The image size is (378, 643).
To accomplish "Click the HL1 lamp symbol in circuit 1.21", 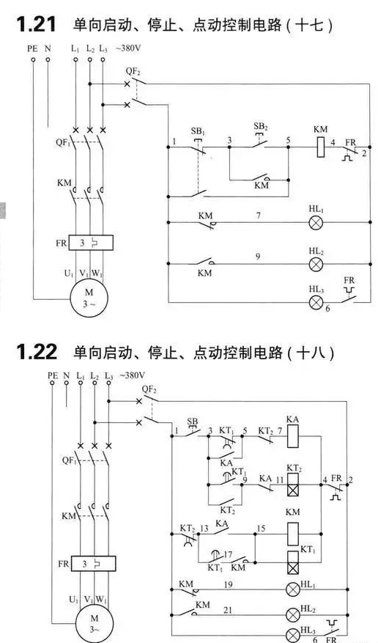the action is (316, 223).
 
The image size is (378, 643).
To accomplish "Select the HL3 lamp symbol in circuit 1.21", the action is (316, 303).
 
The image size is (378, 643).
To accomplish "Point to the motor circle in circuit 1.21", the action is (89, 298).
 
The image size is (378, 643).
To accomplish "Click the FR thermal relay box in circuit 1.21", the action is (91, 243).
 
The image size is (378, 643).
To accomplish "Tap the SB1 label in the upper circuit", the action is (198, 132).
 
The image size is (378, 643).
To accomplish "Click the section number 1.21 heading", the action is (37, 25).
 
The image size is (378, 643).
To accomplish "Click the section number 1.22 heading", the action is (37, 352).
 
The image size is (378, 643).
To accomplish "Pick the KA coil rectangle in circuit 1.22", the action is (293, 436).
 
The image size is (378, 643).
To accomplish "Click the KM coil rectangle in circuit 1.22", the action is (293, 534).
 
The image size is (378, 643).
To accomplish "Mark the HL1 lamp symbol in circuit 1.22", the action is (292, 589).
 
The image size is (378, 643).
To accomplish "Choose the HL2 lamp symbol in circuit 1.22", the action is (292, 614).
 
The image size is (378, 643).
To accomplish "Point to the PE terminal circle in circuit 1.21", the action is (33, 59).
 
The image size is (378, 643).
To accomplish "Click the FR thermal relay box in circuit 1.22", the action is (93, 563).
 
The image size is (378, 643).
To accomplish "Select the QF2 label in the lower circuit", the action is (149, 389).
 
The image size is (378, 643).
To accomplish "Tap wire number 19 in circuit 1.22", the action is (228, 585).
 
